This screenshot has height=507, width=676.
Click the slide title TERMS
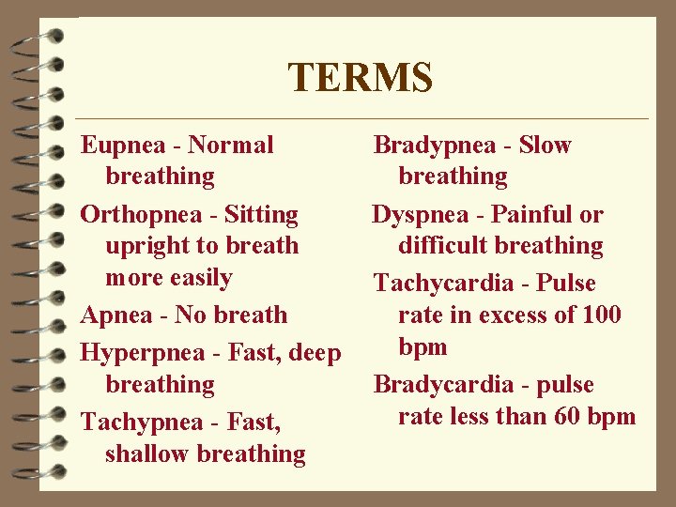coord(360,78)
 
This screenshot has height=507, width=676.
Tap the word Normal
coord(231,146)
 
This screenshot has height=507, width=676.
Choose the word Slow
coord(545,146)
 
